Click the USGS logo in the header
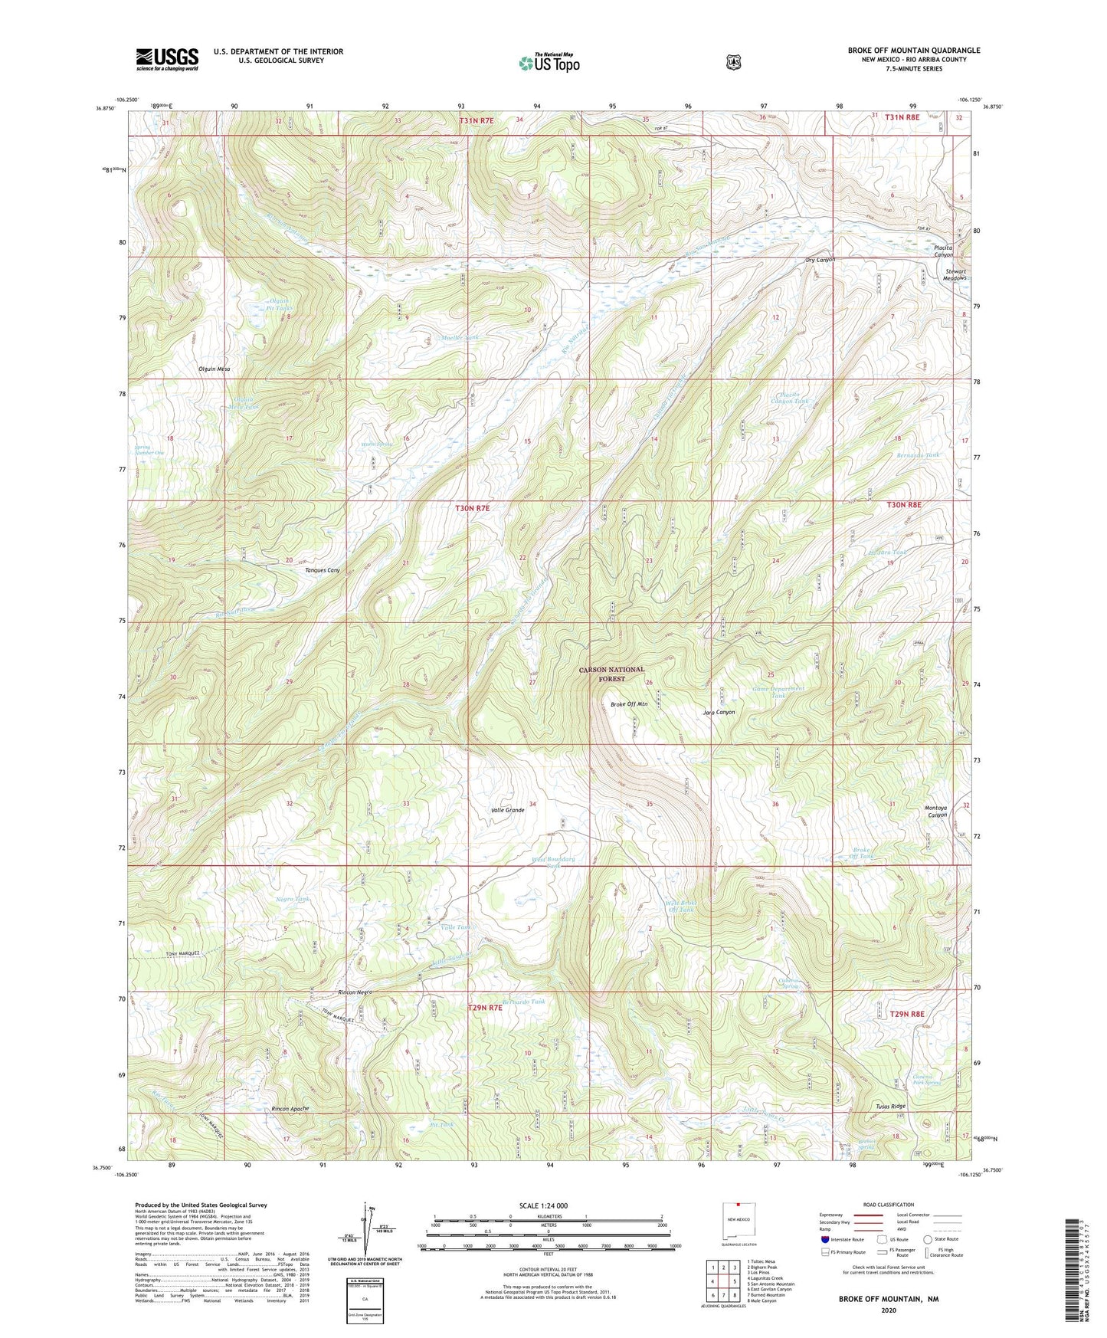(x=167, y=59)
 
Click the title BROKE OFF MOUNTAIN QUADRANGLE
(x=913, y=51)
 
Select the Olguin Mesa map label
(x=214, y=369)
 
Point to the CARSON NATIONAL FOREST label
(x=611, y=674)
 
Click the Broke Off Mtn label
(x=628, y=704)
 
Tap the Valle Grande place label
(x=507, y=810)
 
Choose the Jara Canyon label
(x=719, y=712)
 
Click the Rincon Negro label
(x=355, y=992)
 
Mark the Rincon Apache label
(x=291, y=1109)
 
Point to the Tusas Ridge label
(x=890, y=1107)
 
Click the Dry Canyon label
(x=820, y=260)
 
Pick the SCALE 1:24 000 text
(x=543, y=1205)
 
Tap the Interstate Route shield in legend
(x=824, y=1238)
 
